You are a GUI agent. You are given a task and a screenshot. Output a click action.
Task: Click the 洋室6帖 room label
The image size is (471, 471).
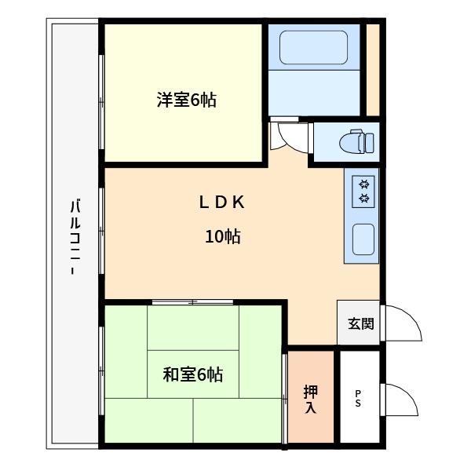click(x=186, y=100)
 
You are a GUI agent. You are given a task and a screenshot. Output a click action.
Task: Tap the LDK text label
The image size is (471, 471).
click(x=222, y=203)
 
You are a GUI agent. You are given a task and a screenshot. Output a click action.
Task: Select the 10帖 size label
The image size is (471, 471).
click(x=222, y=236)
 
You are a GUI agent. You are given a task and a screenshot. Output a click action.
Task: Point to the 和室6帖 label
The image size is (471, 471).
click(x=192, y=375)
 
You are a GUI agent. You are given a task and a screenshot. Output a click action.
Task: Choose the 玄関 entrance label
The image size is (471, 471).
click(x=360, y=323)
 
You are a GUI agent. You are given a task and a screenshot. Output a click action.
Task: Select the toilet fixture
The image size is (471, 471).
click(x=357, y=143)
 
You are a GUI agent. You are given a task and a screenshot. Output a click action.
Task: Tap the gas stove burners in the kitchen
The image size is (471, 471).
click(x=364, y=191)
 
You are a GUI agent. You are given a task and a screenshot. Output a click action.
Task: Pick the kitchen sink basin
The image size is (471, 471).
click(x=363, y=239)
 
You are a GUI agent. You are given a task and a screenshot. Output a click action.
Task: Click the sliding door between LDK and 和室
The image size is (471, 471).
click(x=192, y=301)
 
